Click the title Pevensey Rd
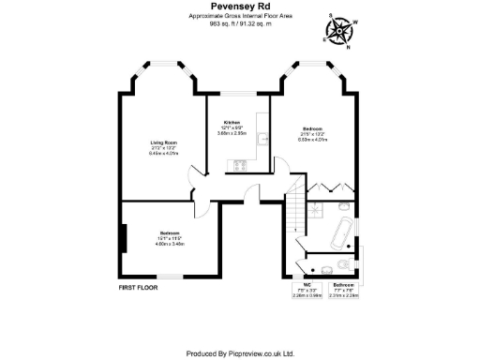(240, 7)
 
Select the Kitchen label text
(232, 123)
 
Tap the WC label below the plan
(307, 284)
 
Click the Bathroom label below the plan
(344, 284)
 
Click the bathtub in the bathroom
(341, 229)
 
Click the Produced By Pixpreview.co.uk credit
(240, 353)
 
